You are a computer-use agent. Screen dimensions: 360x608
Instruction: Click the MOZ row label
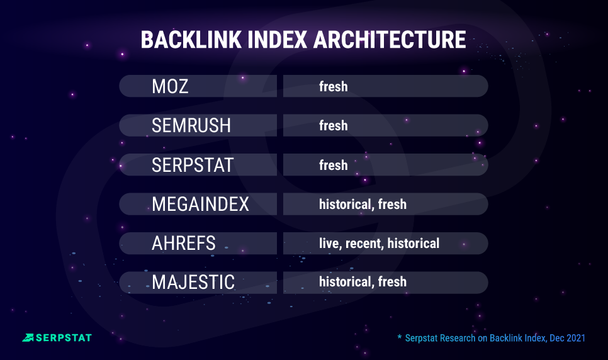click(170, 86)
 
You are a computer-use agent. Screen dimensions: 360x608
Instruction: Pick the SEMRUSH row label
click(191, 125)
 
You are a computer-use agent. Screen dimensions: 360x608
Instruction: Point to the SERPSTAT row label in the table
click(193, 165)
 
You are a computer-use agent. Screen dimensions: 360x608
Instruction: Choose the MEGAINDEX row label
click(200, 204)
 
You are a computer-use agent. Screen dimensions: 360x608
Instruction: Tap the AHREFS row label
click(184, 243)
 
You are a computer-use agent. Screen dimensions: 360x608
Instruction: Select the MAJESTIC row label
click(193, 282)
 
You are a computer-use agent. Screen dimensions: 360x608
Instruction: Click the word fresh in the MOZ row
click(333, 86)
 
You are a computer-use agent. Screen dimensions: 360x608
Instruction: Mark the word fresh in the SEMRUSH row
click(333, 125)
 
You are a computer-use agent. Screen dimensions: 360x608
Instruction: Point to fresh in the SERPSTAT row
click(333, 165)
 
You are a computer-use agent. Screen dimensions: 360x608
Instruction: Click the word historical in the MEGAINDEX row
click(345, 204)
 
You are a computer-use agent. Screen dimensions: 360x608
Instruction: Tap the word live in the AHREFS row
click(330, 243)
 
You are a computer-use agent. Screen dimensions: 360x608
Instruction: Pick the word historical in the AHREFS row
click(414, 243)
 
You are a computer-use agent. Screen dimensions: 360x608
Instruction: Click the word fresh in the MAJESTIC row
click(392, 282)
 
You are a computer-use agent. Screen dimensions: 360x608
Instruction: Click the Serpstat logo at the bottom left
click(57, 337)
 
